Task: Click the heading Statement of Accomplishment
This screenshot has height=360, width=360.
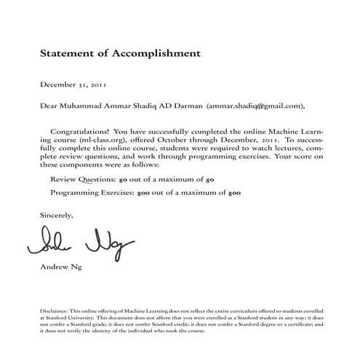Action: (119, 53)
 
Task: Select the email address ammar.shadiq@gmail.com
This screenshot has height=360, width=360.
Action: (253, 105)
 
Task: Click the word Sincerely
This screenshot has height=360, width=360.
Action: (57, 215)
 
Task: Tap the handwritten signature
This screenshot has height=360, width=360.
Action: (79, 243)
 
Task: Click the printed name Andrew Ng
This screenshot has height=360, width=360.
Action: (62, 267)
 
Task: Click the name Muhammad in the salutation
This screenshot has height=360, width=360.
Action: (84, 105)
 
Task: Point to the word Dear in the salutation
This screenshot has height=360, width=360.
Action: (49, 105)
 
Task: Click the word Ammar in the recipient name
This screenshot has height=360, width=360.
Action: (116, 105)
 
